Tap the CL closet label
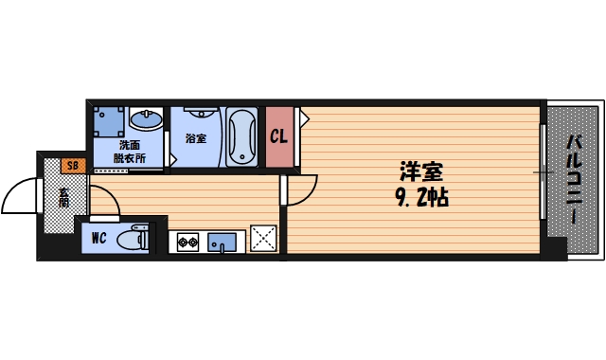coord(278,136)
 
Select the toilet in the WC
coord(132,239)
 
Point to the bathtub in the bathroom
coord(241,136)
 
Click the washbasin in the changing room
coord(145,120)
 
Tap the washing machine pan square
coord(108,121)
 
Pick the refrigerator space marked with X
coord(262,239)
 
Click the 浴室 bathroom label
coord(196,138)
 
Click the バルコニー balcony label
coord(575,180)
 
